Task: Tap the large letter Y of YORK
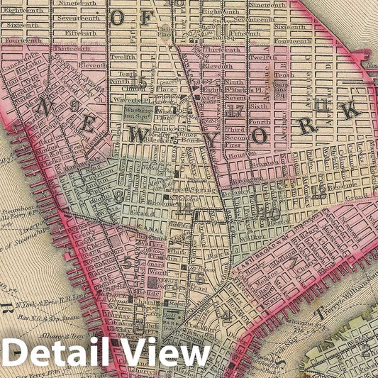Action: pos(213,140)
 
